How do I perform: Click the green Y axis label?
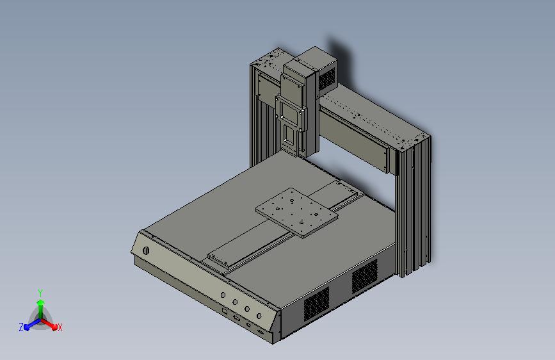40,291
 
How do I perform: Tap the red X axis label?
60,327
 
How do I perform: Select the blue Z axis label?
21,327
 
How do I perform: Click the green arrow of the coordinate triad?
40,304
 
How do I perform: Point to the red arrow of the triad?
51,323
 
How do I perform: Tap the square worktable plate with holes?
296,212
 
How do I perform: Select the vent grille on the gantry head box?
326,79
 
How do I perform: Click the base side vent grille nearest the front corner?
316,303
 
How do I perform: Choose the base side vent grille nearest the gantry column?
365,276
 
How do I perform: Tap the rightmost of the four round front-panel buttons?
259,316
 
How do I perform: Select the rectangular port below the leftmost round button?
225,310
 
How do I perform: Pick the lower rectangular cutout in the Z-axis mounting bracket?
289,136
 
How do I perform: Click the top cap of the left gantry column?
268,60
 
